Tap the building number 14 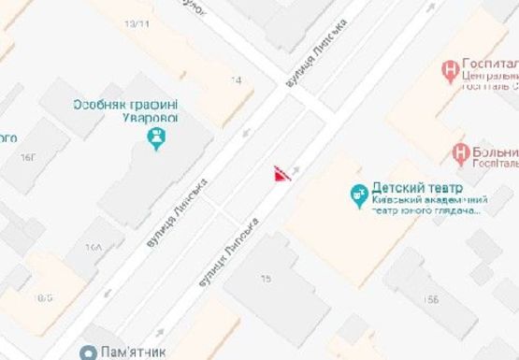pos(236,81)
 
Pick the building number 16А pos(93,248)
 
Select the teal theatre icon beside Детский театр pos(357,194)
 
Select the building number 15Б pos(431,298)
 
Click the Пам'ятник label pos(141,353)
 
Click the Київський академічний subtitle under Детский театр pos(431,200)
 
